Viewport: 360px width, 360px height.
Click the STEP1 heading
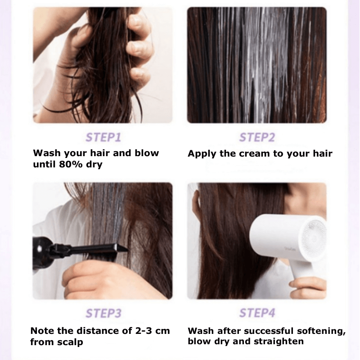(103, 137)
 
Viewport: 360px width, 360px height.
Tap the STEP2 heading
(257, 137)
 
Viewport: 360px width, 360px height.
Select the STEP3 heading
(103, 313)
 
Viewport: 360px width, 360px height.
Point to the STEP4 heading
(257, 313)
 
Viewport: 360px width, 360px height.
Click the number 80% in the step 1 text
(71, 164)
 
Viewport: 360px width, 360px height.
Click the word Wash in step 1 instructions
(47, 153)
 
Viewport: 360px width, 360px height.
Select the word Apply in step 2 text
(202, 154)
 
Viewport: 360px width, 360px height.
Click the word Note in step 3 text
(42, 331)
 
